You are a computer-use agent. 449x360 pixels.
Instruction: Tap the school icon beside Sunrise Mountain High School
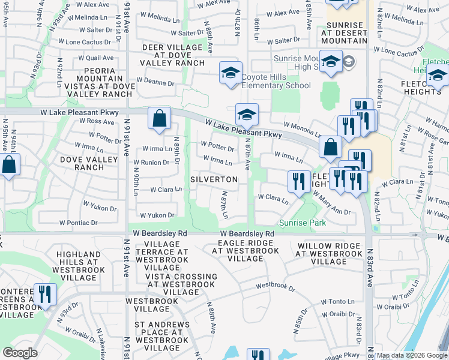[331, 62]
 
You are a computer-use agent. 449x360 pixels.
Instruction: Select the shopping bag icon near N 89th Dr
[159, 119]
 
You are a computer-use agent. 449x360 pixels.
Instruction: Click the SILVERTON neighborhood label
[214, 179]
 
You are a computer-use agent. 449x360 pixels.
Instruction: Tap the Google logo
[20, 353]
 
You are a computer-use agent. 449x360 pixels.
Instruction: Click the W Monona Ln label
[302, 128]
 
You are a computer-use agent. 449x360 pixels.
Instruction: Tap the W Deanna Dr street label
[155, 81]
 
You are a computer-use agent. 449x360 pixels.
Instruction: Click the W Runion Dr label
[151, 163]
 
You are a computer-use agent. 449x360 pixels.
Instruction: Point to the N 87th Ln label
[224, 205]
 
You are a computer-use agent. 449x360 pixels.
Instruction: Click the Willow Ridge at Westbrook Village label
[329, 253]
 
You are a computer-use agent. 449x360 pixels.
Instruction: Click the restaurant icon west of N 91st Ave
[45, 295]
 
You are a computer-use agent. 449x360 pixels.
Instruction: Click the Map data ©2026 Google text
[412, 356]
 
